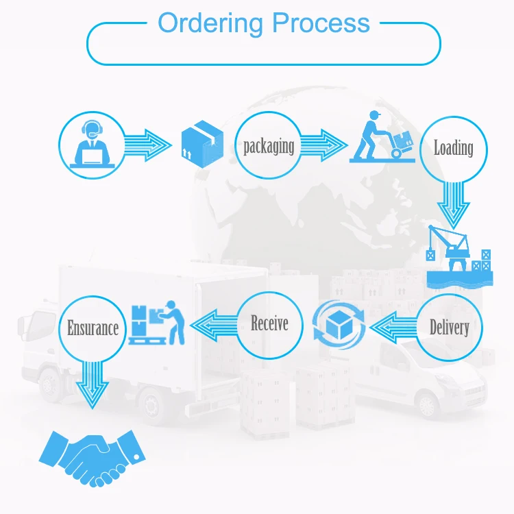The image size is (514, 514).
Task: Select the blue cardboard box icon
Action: (x=201, y=142)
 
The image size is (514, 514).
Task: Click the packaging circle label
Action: (x=269, y=145)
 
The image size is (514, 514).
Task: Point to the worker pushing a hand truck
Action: (x=384, y=136)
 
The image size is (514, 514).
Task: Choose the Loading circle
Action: (x=453, y=147)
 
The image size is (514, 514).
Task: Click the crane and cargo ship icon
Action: (x=458, y=257)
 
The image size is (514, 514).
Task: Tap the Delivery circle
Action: (x=449, y=327)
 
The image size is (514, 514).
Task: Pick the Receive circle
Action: (x=269, y=323)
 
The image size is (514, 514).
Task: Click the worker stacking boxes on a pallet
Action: (x=158, y=323)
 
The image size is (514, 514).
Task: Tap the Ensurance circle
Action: (x=93, y=328)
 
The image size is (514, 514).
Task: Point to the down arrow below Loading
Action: (x=454, y=204)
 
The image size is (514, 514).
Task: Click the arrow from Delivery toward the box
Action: (x=393, y=327)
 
